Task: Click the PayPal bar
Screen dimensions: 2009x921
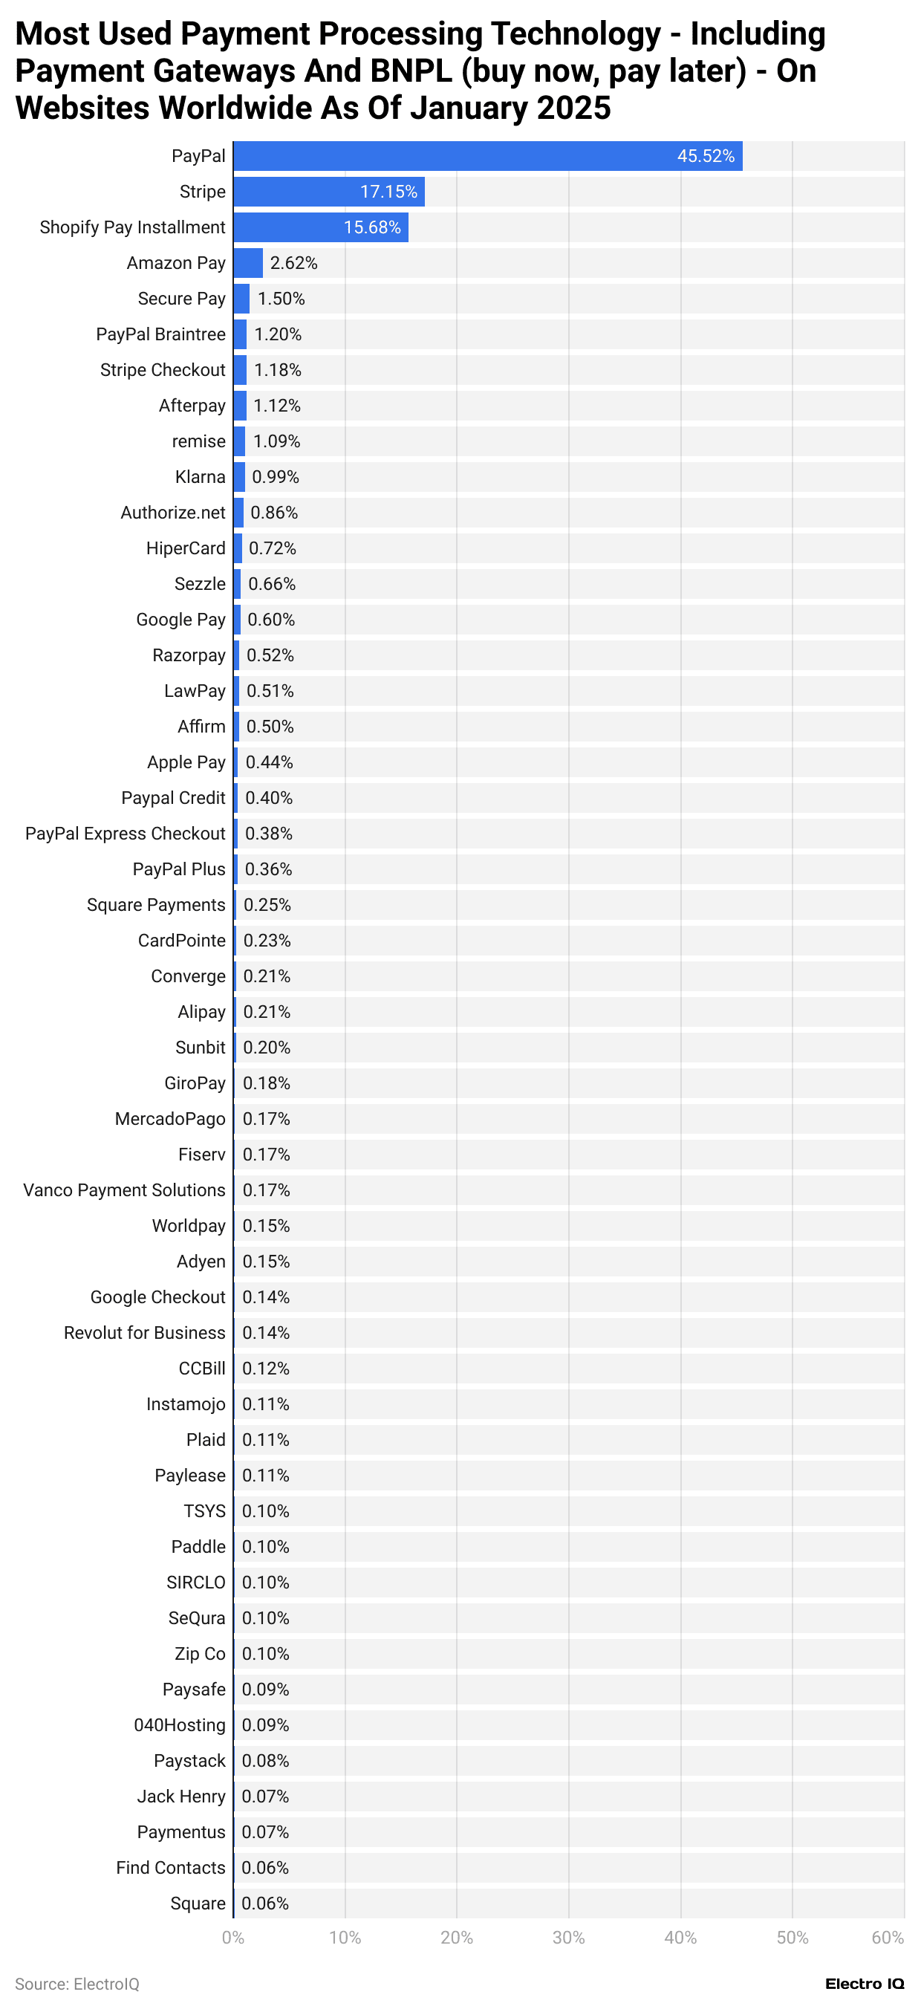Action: (487, 156)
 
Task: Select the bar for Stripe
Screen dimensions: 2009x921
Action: (328, 192)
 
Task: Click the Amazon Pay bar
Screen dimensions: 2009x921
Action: (248, 263)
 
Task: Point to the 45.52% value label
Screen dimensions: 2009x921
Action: (706, 156)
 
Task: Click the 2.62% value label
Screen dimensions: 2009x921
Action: (293, 263)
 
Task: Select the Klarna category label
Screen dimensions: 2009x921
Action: (200, 477)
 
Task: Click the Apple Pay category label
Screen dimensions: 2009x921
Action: (186, 763)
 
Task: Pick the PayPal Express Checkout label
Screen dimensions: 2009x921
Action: (125, 834)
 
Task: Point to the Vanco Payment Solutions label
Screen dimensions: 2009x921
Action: (124, 1190)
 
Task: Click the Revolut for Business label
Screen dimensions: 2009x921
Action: (144, 1333)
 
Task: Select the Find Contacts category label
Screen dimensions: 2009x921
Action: (170, 1868)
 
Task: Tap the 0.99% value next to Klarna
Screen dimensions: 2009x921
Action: (276, 477)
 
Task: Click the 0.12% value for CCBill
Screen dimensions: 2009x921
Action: (265, 1369)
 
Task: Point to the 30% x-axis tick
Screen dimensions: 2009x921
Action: (568, 1938)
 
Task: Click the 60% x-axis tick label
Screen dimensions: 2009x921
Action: (888, 1938)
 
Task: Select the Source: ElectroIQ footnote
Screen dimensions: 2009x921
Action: (77, 1984)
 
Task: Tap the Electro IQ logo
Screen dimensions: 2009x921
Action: (864, 1984)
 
